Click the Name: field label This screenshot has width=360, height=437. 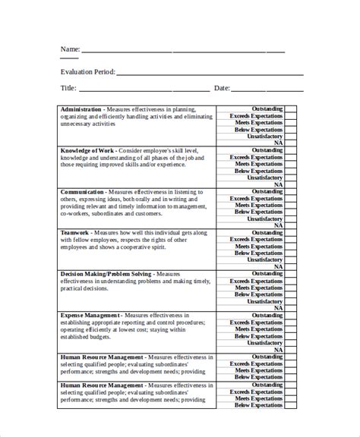[x=70, y=49]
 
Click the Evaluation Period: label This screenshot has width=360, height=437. [x=87, y=72]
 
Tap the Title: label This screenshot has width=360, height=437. [x=68, y=88]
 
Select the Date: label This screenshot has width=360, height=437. [x=222, y=88]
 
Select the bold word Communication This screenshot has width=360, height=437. [x=83, y=192]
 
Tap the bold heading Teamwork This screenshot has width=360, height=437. [x=75, y=232]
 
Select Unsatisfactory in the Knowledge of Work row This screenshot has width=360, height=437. [x=264, y=178]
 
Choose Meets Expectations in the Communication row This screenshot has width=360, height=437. [x=258, y=205]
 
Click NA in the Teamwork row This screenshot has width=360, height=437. [x=278, y=266]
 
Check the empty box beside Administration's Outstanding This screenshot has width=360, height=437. [x=290, y=109]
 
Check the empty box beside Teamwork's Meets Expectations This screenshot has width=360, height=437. [x=290, y=246]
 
